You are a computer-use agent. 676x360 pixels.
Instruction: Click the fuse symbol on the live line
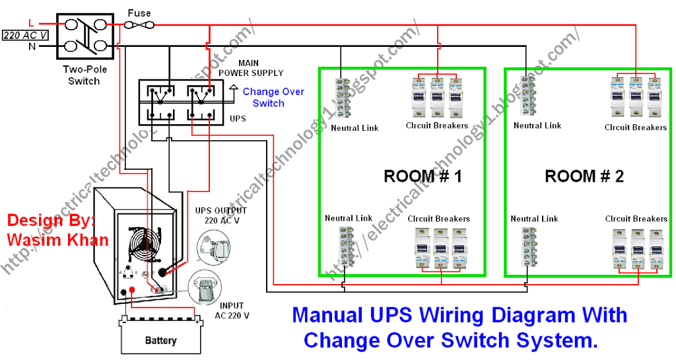(140, 25)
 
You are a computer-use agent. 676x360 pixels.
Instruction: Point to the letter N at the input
(31, 47)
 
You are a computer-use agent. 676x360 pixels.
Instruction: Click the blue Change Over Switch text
(273, 98)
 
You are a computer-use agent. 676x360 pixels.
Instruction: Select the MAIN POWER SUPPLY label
(251, 67)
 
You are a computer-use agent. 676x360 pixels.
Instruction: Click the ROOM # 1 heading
(422, 176)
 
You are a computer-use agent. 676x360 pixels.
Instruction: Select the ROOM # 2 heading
(584, 176)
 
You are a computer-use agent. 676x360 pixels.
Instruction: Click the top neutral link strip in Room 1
(341, 98)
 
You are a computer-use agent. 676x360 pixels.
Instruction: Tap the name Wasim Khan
(57, 240)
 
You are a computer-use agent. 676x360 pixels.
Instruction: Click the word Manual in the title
(328, 315)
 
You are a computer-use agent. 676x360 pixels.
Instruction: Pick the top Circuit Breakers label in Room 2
(635, 127)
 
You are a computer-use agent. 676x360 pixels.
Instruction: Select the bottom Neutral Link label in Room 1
(349, 218)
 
